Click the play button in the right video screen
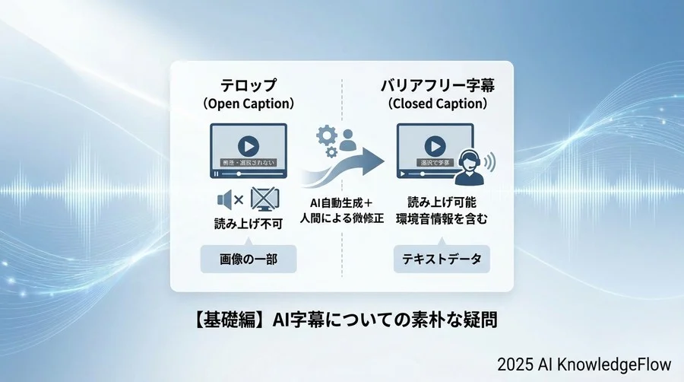click(435, 145)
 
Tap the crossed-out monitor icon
click(263, 199)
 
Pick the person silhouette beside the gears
click(348, 140)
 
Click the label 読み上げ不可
click(246, 224)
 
